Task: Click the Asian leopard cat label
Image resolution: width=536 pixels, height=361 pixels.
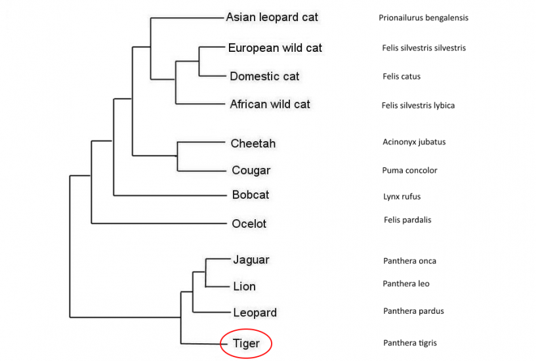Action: tap(272, 17)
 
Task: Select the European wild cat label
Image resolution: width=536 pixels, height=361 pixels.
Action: tap(275, 48)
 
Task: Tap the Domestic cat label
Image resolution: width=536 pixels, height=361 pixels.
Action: tap(264, 76)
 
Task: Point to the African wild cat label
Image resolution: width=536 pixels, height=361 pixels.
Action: tap(270, 104)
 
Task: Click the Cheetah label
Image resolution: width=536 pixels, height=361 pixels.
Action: tap(253, 143)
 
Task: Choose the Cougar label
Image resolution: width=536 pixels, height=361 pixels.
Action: tap(251, 170)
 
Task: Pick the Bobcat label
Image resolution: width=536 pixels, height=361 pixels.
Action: tap(251, 195)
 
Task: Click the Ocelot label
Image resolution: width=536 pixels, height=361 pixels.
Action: tap(249, 223)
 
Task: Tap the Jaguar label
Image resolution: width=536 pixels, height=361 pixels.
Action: tap(251, 260)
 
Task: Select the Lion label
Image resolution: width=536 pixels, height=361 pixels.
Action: tap(245, 286)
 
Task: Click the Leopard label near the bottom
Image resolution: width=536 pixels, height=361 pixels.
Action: tap(255, 312)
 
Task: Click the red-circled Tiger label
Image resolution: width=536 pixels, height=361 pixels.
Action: tap(246, 343)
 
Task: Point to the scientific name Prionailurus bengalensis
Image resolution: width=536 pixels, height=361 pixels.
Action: tap(423, 18)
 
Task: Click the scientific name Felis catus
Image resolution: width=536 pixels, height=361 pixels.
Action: tap(402, 76)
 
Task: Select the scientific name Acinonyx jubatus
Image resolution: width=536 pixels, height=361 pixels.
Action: tap(414, 142)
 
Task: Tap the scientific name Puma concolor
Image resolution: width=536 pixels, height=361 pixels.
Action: tap(409, 170)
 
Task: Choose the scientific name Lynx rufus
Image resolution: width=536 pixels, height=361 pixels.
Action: tap(402, 196)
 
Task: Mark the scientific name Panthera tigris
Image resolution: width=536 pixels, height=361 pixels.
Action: tap(410, 343)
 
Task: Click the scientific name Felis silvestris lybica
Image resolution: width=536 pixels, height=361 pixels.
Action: tap(418, 105)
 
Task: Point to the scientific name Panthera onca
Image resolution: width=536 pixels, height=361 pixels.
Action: tap(409, 261)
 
